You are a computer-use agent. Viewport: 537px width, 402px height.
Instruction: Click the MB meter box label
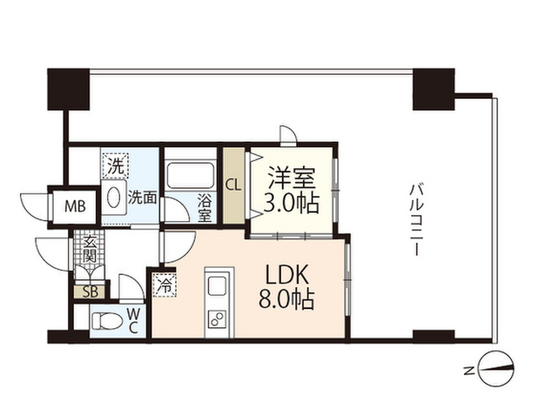tap(76, 206)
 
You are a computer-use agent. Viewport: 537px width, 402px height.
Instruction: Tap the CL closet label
tap(233, 186)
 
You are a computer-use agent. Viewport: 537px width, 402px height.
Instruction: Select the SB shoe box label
tap(91, 292)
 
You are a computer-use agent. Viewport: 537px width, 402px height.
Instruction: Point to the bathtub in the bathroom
tap(190, 176)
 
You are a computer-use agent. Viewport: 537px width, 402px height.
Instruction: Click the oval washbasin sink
tap(114, 198)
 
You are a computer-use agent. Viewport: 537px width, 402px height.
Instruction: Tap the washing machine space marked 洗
tap(116, 165)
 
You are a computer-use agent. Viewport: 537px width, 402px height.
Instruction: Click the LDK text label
tap(288, 275)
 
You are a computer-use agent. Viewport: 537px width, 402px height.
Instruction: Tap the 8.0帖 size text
tap(286, 300)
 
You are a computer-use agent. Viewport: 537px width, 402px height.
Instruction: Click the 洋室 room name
tap(291, 178)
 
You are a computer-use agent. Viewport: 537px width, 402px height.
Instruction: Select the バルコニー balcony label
tap(417, 219)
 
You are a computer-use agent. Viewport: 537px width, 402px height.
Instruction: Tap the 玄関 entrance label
tap(90, 250)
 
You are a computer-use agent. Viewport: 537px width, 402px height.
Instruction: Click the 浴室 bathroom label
tap(204, 208)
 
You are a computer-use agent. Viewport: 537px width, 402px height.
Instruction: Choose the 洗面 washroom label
tap(143, 198)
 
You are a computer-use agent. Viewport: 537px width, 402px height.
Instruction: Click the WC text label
tap(133, 321)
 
